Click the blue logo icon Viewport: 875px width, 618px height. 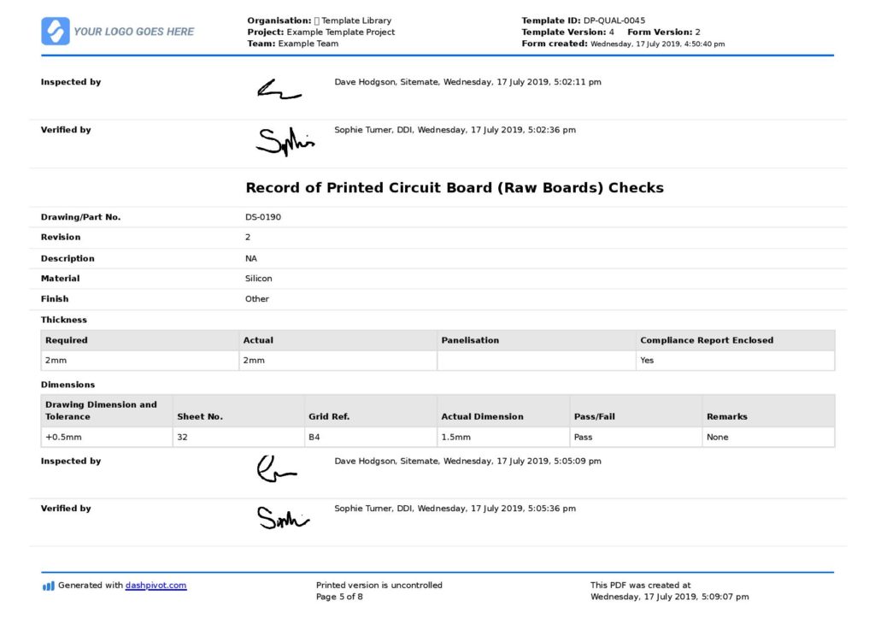point(56,32)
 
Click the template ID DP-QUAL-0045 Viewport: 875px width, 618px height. point(614,21)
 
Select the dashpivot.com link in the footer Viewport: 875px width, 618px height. point(156,586)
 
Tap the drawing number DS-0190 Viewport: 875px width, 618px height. point(263,217)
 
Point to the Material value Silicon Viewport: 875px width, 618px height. point(259,279)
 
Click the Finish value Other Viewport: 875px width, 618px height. point(257,299)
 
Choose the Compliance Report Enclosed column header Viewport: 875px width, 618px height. point(706,340)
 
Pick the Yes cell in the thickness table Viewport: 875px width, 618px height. point(647,361)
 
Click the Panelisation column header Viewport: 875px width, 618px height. point(470,340)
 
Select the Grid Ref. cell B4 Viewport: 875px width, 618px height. point(314,438)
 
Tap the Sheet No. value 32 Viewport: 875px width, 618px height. point(182,438)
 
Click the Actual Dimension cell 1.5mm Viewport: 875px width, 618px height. point(455,438)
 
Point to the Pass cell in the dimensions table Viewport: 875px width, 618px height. point(584,438)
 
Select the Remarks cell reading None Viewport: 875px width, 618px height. point(717,438)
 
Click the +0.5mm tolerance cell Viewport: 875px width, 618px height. point(62,438)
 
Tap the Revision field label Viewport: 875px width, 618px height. point(61,238)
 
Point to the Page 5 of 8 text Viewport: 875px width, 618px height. point(339,597)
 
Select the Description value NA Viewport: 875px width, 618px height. point(251,258)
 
